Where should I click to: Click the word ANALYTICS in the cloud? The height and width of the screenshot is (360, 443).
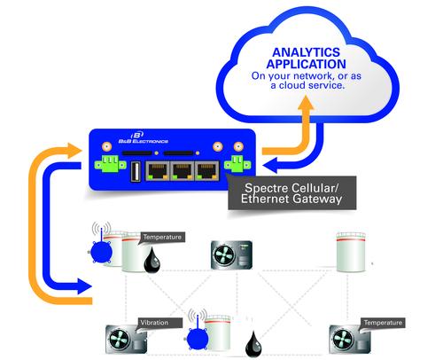pyautogui.click(x=306, y=52)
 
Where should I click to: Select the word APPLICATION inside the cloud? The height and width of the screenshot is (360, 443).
pyautogui.click(x=306, y=64)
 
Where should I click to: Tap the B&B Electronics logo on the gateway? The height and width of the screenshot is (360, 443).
pyautogui.click(x=144, y=137)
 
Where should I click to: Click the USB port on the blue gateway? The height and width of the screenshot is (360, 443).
pyautogui.click(x=136, y=171)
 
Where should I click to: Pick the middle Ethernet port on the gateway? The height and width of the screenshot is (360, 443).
pyautogui.click(x=183, y=171)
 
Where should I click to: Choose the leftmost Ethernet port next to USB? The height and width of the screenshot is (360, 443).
pyautogui.click(x=158, y=171)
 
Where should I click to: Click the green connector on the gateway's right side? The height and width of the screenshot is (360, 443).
pyautogui.click(x=237, y=163)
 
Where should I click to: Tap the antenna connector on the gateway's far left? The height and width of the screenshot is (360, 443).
pyautogui.click(x=106, y=146)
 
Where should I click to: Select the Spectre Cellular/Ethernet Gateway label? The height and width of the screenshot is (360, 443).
pyautogui.click(x=291, y=193)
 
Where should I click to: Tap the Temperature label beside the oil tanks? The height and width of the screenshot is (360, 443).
pyautogui.click(x=162, y=237)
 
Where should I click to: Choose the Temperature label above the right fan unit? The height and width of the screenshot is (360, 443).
pyautogui.click(x=383, y=323)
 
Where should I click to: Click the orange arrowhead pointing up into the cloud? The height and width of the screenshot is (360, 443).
pyautogui.click(x=306, y=104)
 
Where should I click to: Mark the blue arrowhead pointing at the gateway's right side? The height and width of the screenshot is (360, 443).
pyautogui.click(x=270, y=165)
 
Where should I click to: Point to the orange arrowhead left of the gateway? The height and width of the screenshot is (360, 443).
pyautogui.click(x=74, y=151)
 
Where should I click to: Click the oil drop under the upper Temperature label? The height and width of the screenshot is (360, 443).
pyautogui.click(x=152, y=260)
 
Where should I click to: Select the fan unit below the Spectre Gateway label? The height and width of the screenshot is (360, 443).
pyautogui.click(x=231, y=254)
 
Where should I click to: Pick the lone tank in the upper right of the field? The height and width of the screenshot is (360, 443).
pyautogui.click(x=351, y=252)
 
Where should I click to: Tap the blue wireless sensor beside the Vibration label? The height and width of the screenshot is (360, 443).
pyautogui.click(x=198, y=334)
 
